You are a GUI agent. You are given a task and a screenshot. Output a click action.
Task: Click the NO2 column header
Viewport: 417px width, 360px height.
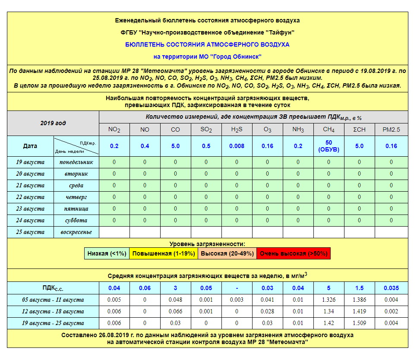click(114, 129)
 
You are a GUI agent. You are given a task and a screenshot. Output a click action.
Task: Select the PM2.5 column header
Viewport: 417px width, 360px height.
click(391, 129)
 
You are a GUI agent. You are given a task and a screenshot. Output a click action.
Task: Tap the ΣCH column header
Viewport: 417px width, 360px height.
click(360, 129)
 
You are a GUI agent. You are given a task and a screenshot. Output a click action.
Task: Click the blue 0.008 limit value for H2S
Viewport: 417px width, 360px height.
click(237, 146)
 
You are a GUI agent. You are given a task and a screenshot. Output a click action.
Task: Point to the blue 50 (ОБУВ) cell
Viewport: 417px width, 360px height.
click(329, 146)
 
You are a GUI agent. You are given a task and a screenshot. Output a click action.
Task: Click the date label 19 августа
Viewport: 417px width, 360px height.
click(30, 162)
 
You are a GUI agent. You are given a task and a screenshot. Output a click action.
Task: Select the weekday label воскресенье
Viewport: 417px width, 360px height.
click(76, 232)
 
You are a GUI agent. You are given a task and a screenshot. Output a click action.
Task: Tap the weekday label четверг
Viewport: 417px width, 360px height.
click(76, 197)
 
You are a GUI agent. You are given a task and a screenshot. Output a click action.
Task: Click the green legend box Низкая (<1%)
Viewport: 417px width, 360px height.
click(107, 253)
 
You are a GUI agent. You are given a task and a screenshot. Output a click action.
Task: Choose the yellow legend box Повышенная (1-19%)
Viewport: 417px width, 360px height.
click(164, 253)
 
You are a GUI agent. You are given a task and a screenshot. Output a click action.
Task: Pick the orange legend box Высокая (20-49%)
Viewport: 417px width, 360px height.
click(227, 253)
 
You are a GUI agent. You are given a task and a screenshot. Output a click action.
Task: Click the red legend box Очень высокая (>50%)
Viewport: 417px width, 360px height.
click(294, 253)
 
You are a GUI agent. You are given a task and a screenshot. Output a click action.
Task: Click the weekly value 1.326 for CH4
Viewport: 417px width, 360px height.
click(329, 300)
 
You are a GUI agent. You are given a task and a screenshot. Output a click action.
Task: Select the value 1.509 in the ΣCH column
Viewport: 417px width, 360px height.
click(360, 323)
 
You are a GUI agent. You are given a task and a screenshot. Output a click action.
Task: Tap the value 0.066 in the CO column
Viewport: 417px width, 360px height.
click(175, 311)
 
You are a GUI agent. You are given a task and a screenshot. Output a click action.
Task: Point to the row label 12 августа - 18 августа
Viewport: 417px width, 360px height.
click(53, 311)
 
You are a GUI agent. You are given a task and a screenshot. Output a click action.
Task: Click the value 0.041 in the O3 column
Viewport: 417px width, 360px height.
click(267, 300)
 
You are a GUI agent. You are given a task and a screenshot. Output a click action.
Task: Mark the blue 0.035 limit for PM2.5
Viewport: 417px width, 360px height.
click(391, 288)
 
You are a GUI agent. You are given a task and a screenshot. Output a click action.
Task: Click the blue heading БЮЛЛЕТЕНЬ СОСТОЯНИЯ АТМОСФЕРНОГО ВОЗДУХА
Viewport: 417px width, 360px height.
click(207, 44)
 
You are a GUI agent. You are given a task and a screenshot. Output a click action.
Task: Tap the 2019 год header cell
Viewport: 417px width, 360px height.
click(53, 123)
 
